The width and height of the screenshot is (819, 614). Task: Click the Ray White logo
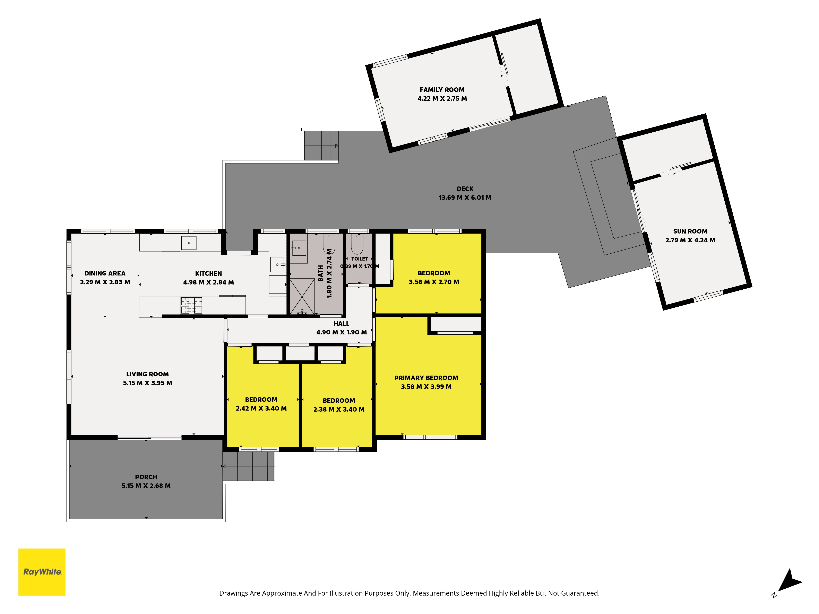[42, 572]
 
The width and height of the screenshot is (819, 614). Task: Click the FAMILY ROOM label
[442, 90]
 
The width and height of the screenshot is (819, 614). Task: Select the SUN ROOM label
[690, 231]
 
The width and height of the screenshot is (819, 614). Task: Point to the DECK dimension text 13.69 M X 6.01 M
[465, 198]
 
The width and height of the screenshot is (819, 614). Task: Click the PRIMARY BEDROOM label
[426, 378]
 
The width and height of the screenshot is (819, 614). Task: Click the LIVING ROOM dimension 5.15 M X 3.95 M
[147, 383]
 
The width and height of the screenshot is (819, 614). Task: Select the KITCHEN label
[208, 273]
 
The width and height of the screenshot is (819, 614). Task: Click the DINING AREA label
[105, 273]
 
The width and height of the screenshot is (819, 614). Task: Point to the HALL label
[341, 323]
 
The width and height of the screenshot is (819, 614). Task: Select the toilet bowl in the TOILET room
[357, 244]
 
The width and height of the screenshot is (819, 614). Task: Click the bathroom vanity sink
[299, 248]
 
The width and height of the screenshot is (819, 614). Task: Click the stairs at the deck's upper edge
[321, 146]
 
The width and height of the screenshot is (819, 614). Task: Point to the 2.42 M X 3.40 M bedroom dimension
[261, 409]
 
